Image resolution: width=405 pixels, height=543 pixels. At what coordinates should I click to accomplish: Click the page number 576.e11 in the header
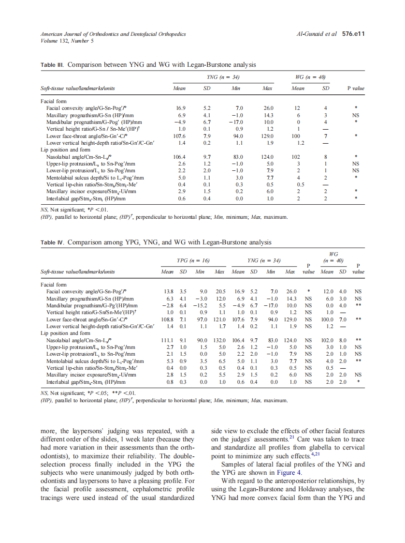(x=353, y=34)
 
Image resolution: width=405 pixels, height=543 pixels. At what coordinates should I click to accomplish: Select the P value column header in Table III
(x=356, y=89)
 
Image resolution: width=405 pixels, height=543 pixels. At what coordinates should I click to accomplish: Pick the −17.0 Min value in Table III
(x=238, y=122)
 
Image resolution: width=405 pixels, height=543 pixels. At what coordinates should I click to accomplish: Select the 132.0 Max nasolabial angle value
(x=220, y=340)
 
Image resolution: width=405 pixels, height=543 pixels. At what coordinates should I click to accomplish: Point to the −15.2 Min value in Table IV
(x=201, y=305)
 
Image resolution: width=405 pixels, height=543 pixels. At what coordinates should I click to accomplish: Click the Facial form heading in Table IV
(x=54, y=285)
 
